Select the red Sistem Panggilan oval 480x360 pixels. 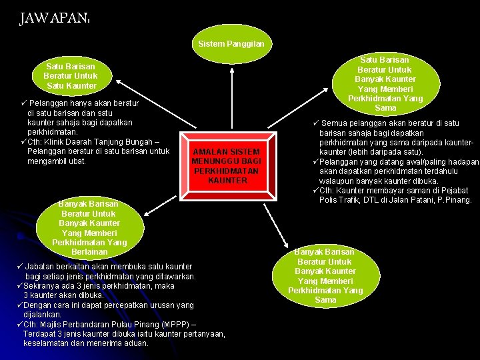[231, 44]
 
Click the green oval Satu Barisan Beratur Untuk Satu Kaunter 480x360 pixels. [71, 76]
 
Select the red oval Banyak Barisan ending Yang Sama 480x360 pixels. [325, 276]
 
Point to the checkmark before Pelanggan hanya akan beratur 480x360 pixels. [23, 103]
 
